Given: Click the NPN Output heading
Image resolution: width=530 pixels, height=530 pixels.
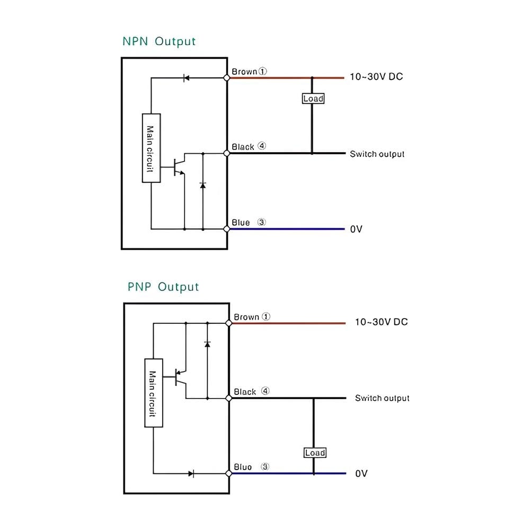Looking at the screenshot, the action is click(159, 41).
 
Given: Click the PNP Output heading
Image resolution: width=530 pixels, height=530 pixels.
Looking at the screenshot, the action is click(163, 287).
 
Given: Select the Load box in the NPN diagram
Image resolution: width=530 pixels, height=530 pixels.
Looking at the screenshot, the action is click(313, 99).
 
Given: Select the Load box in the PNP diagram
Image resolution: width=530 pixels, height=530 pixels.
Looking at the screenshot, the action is click(315, 453).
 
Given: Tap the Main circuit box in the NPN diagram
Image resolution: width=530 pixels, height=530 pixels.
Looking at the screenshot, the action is click(151, 148).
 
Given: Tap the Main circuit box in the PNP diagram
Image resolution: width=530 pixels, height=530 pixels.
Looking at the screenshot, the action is click(154, 393).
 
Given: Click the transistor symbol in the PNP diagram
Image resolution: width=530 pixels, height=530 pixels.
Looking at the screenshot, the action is click(181, 377).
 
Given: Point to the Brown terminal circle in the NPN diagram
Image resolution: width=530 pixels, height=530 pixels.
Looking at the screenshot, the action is click(227, 78).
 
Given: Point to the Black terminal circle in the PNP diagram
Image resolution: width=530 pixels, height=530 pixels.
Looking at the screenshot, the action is click(229, 398).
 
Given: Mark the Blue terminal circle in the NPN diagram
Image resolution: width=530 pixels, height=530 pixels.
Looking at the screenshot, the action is click(227, 229).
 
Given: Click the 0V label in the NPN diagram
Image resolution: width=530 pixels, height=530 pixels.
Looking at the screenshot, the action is click(356, 229).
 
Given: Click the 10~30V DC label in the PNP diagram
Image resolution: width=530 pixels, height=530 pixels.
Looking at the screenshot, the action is click(381, 322).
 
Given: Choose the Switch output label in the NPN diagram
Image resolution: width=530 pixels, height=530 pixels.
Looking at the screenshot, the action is click(377, 154).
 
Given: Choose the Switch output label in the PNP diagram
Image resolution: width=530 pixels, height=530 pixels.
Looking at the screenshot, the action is click(382, 398).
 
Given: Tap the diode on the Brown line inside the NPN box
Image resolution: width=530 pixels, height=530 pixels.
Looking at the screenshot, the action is click(186, 78).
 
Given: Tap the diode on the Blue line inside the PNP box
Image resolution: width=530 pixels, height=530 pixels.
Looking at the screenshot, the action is click(191, 473).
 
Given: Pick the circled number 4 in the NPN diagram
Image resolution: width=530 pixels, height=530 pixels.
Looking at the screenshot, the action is click(262, 146).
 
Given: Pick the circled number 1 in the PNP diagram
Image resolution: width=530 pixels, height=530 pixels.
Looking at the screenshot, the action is click(266, 316).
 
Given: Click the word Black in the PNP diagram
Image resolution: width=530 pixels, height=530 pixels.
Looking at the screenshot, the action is click(245, 392).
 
